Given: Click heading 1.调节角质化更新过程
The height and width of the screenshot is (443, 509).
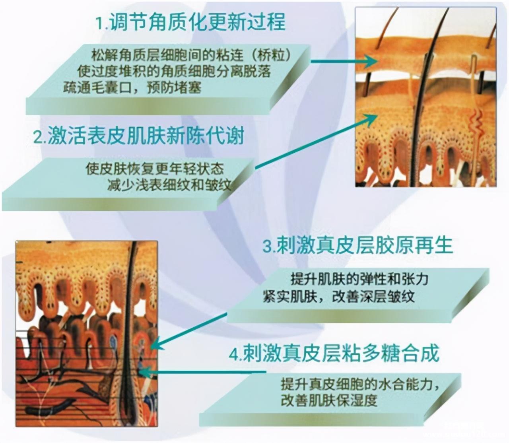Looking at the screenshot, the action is [x=190, y=21].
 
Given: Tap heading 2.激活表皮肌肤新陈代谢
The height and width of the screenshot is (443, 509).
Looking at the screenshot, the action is [x=138, y=136].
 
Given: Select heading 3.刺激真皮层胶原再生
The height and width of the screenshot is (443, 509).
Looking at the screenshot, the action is [x=357, y=245].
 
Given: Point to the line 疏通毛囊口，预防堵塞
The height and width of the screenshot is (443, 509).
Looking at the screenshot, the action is [x=132, y=87].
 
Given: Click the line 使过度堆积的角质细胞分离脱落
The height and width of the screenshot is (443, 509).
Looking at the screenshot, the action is [x=174, y=71].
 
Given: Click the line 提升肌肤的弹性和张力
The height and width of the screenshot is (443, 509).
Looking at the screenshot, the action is [x=359, y=279].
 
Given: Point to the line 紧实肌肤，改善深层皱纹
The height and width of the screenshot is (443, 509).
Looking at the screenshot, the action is [x=338, y=297].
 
